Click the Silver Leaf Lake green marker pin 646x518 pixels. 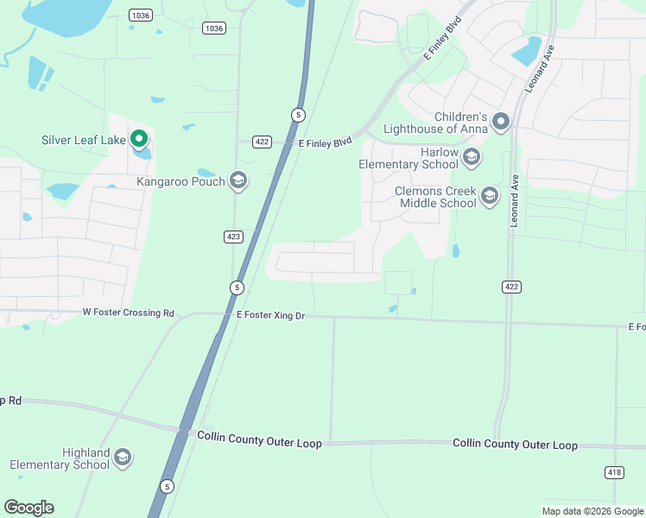click(x=139, y=139)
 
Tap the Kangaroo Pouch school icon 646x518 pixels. click(x=239, y=181)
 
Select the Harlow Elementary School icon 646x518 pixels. click(x=472, y=157)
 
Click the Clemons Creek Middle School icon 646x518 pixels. click(x=490, y=196)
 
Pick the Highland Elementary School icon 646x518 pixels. click(x=123, y=458)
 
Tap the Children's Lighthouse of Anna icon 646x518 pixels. click(x=502, y=123)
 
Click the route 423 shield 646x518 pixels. click(x=233, y=236)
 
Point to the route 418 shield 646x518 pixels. click(x=614, y=471)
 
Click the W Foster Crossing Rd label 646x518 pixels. click(x=129, y=313)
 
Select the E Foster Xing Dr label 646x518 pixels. click(x=271, y=316)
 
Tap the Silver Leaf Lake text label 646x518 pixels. click(x=83, y=140)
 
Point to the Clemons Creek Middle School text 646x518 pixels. click(x=435, y=197)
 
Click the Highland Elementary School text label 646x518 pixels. click(x=60, y=458)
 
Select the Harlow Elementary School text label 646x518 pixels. click(x=408, y=158)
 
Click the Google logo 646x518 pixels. click(x=28, y=508)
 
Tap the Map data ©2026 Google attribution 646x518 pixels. click(x=592, y=511)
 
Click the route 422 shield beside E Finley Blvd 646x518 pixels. click(x=263, y=142)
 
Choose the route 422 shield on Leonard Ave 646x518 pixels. click(x=510, y=286)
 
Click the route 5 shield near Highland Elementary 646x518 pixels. click(x=168, y=487)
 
